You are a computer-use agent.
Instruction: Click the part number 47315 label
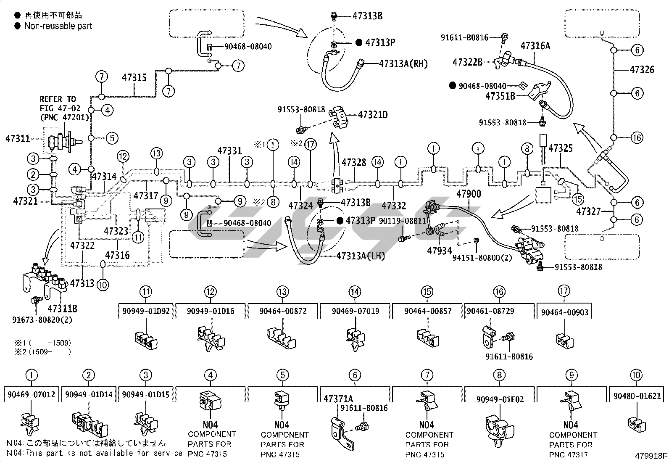[134, 77]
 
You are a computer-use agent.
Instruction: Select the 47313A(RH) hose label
[403, 63]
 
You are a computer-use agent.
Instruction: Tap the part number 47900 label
[469, 194]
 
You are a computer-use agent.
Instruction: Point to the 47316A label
[535, 46]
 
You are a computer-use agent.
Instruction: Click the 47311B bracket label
[62, 309]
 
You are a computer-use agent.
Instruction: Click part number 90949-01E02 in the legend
[500, 399]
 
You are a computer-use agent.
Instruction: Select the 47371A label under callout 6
[338, 399]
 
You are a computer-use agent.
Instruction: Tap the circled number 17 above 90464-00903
[564, 291]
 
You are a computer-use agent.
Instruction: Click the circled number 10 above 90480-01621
[636, 375]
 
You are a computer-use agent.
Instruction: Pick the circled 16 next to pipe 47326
[637, 137]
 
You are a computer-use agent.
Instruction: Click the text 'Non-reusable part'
[58, 26]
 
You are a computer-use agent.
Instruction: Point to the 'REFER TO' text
[58, 99]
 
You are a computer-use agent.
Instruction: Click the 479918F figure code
[651, 456]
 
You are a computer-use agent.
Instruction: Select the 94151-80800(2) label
[482, 257]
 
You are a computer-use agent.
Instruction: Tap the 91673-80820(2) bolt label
[42, 320]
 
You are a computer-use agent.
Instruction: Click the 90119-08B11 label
[403, 220]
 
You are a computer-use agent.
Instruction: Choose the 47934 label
[439, 251]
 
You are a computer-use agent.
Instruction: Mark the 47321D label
[373, 114]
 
